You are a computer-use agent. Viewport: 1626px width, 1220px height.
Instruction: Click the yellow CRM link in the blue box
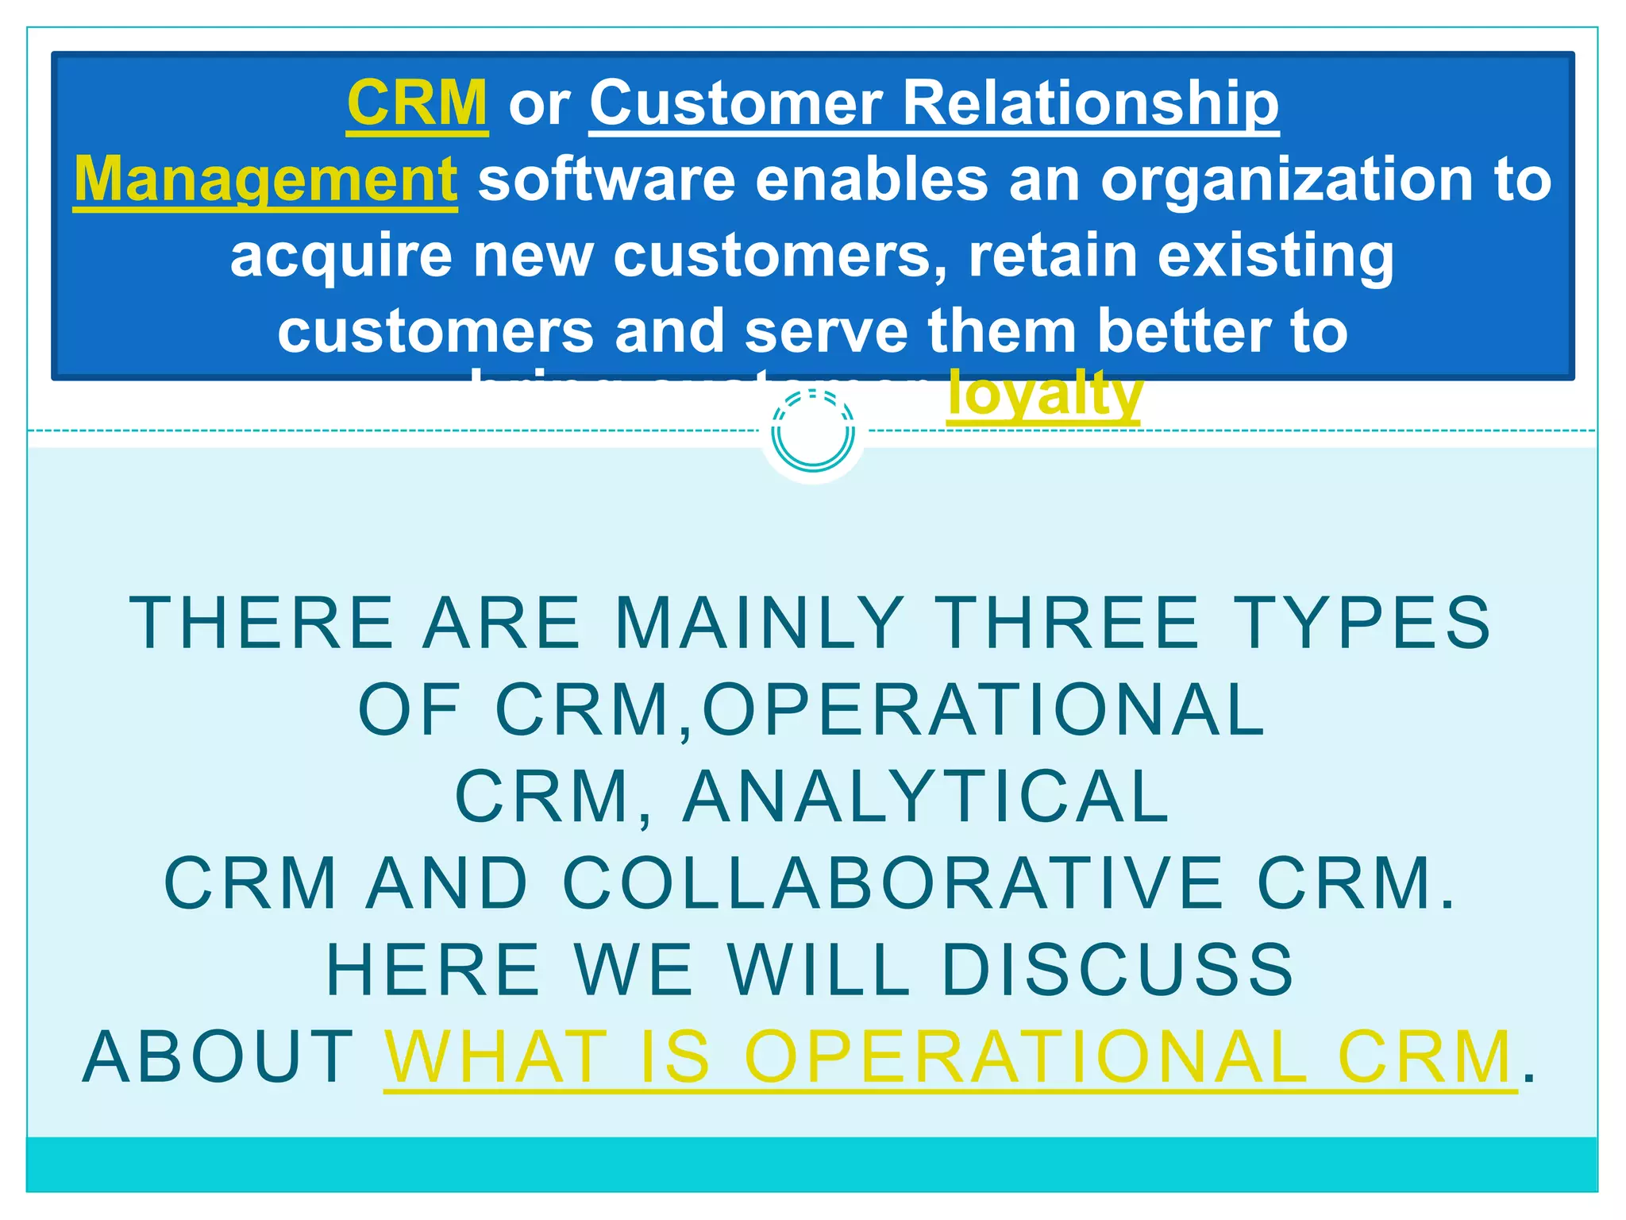(x=417, y=103)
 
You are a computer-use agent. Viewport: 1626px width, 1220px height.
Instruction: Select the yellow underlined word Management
(x=265, y=180)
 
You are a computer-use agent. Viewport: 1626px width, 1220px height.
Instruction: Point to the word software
(x=607, y=180)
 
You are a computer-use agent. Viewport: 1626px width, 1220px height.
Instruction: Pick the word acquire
(x=341, y=256)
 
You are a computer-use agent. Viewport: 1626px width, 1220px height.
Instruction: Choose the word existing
(x=1275, y=256)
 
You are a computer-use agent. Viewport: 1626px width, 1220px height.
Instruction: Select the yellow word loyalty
(x=1044, y=394)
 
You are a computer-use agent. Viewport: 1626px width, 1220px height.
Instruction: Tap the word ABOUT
(x=219, y=1057)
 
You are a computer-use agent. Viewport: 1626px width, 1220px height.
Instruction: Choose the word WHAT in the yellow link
(x=497, y=1057)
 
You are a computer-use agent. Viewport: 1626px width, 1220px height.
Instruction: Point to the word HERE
(x=433, y=970)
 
